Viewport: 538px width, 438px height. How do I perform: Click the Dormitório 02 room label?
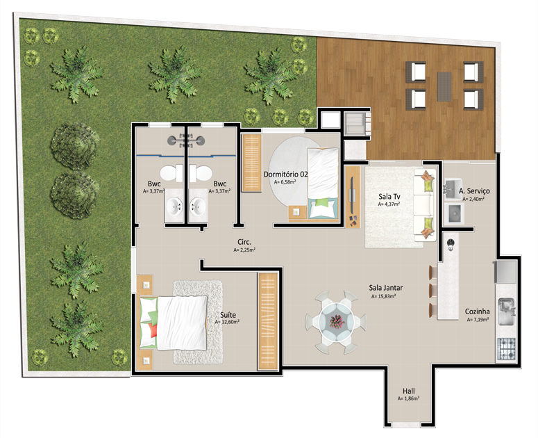(x=285, y=175)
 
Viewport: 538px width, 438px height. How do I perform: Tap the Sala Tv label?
(x=389, y=197)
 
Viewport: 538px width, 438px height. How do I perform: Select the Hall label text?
(x=408, y=391)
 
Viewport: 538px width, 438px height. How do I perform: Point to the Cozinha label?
(x=477, y=311)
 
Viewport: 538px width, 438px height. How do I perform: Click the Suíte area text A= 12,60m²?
(x=227, y=322)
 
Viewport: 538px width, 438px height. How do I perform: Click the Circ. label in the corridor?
(x=244, y=242)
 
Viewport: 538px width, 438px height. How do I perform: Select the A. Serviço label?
(x=474, y=191)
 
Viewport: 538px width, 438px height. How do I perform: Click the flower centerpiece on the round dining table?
(x=337, y=322)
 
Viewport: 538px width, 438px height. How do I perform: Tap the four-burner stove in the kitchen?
(x=506, y=349)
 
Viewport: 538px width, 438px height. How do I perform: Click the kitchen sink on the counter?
(x=506, y=311)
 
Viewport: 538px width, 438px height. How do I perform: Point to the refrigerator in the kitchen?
(x=505, y=272)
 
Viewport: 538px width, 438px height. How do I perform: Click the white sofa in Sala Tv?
(x=424, y=204)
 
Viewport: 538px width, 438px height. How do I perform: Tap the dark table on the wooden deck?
(x=444, y=86)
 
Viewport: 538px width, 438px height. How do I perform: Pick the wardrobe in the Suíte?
(x=268, y=321)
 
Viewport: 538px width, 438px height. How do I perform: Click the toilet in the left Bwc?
(x=171, y=173)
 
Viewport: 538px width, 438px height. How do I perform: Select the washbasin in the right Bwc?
(x=199, y=206)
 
